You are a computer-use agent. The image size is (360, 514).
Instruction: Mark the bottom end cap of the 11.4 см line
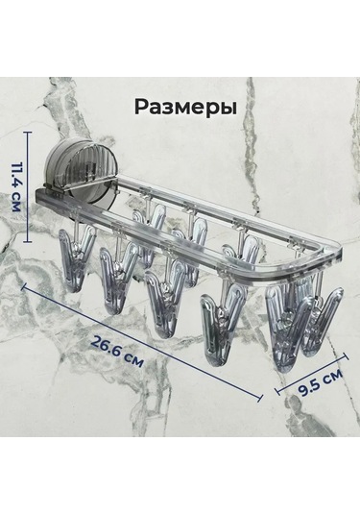coord(27,241)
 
